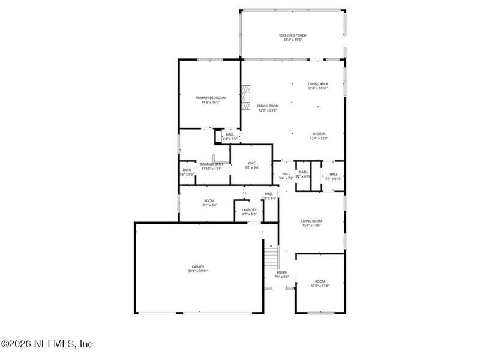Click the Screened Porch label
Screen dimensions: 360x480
click(x=292, y=35)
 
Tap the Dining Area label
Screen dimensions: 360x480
click(x=318, y=84)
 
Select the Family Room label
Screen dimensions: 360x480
click(x=268, y=106)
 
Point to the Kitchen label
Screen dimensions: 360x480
click(x=318, y=134)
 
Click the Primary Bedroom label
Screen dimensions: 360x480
click(x=210, y=98)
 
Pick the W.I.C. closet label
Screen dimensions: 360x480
click(x=252, y=163)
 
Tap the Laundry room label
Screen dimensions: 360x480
click(x=249, y=210)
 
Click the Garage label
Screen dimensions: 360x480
click(x=198, y=266)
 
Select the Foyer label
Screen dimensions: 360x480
click(x=281, y=272)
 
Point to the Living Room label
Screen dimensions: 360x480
click(x=311, y=221)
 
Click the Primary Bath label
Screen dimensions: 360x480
click(x=211, y=164)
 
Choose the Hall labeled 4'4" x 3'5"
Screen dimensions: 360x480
click(x=230, y=134)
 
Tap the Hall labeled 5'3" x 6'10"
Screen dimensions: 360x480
click(x=333, y=175)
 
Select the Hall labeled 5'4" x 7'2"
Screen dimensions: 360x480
click(x=286, y=174)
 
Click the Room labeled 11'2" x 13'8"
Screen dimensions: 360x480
click(x=320, y=281)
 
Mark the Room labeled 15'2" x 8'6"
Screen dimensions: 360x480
click(x=209, y=201)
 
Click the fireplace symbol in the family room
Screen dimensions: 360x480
click(x=245, y=98)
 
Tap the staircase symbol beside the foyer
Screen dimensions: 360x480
click(x=272, y=256)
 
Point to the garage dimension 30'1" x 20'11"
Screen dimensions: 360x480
click(x=198, y=271)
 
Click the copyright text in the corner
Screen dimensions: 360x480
click(x=47, y=344)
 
